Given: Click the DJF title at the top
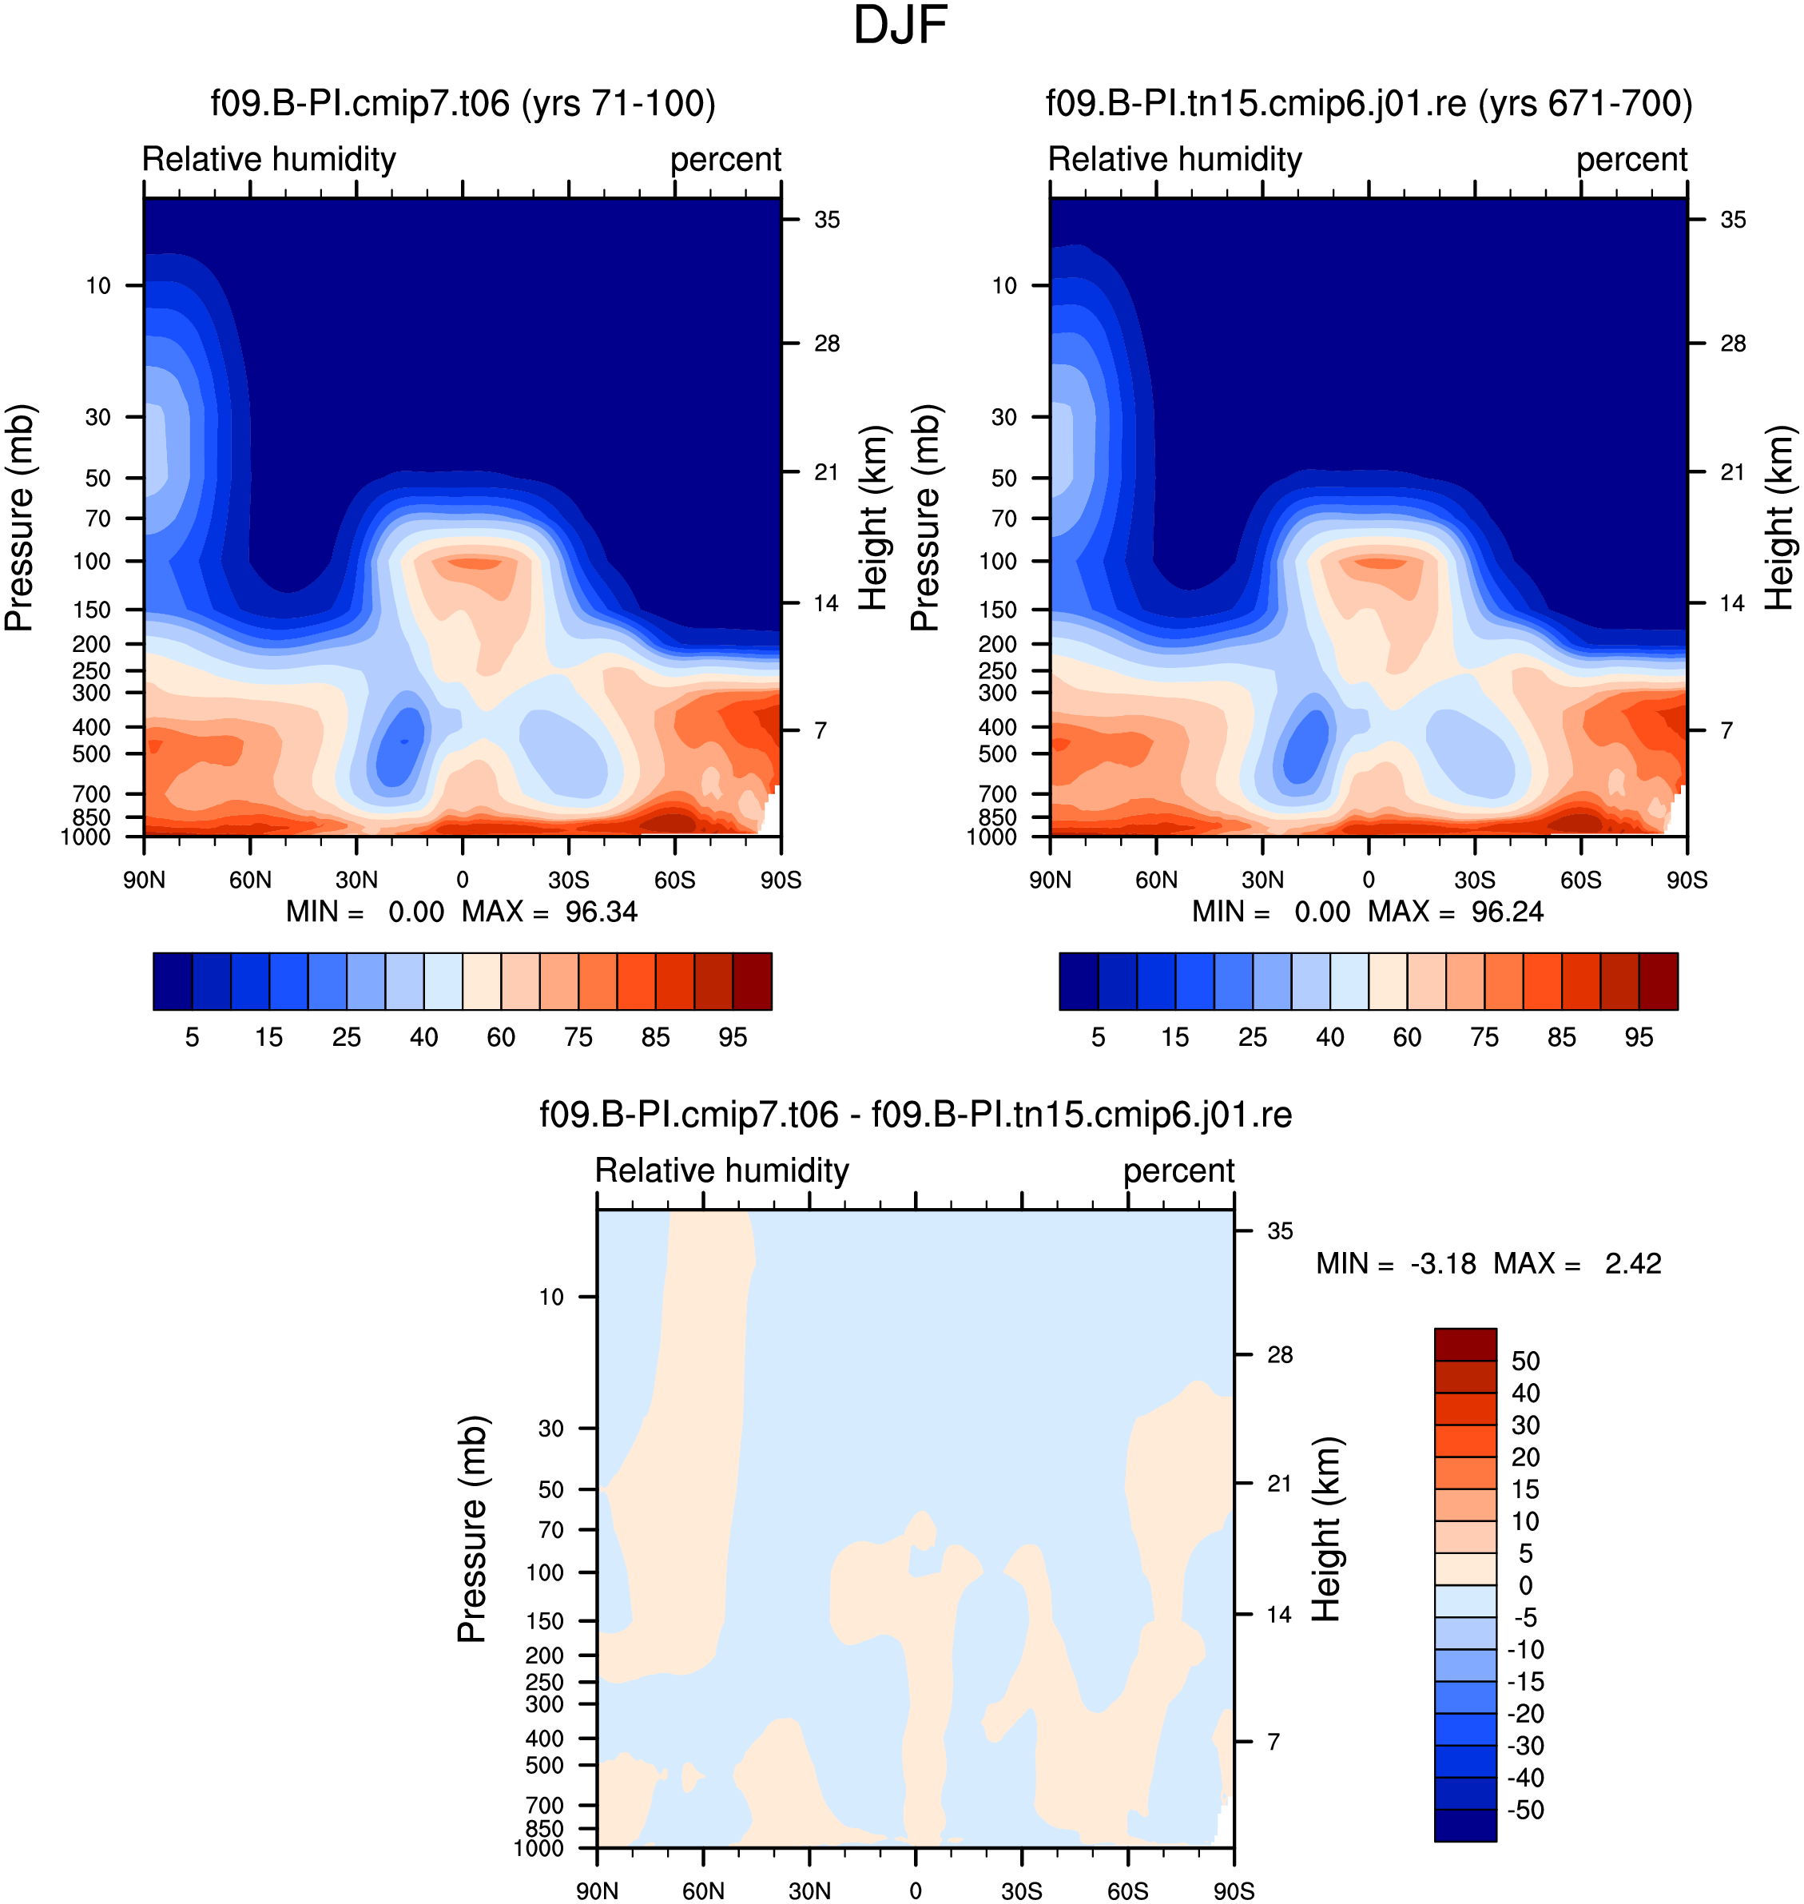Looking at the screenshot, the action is coord(900,26).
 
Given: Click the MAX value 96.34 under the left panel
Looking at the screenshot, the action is coord(601,912).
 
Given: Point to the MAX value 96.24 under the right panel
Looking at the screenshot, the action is coord(1507,912).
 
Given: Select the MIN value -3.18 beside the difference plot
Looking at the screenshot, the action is coord(1442,1263).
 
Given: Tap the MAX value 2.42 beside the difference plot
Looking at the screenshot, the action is coord(1633,1263).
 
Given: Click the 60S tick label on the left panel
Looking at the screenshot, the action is coord(674,880).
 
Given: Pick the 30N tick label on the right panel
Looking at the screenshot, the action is coord(1262,880).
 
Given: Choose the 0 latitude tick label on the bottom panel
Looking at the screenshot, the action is coord(916,1890).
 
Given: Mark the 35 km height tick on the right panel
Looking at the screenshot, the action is coord(1733,221).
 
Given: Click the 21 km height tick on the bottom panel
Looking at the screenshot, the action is coord(1279,1484).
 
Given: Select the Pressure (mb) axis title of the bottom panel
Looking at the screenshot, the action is coord(472,1529).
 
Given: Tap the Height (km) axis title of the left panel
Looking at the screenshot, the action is coord(873,519).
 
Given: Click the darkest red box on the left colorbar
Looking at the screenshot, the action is coord(752,981).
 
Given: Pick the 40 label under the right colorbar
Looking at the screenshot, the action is coord(1330,1036).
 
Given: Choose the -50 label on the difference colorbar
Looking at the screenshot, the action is coord(1525,1810).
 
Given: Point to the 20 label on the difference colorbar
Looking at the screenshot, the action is coord(1525,1457).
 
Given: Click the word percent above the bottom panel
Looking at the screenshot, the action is coord(1179,1171).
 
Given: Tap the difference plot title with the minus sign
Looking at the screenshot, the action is coord(916,1115).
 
